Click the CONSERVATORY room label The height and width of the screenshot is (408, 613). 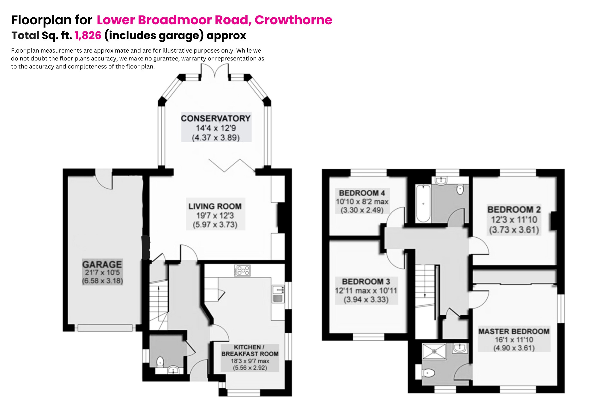216,118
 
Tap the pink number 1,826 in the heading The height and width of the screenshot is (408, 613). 88,35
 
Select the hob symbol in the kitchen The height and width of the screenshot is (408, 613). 242,270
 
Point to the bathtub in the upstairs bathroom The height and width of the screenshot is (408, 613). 423,203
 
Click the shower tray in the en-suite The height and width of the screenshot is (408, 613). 434,351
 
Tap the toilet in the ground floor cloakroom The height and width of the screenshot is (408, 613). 160,362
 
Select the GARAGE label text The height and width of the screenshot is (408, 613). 102,264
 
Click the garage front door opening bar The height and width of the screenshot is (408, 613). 105,328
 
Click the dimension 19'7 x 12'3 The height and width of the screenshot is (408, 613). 215,216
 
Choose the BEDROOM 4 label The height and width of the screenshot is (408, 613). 362,193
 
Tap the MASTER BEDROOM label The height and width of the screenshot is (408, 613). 514,331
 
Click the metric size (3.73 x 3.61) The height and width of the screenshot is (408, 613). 514,230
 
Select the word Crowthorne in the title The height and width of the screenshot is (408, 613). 293,20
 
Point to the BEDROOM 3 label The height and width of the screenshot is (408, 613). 366,281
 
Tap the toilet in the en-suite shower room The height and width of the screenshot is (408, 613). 429,373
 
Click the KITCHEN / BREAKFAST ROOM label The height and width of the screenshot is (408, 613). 250,351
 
